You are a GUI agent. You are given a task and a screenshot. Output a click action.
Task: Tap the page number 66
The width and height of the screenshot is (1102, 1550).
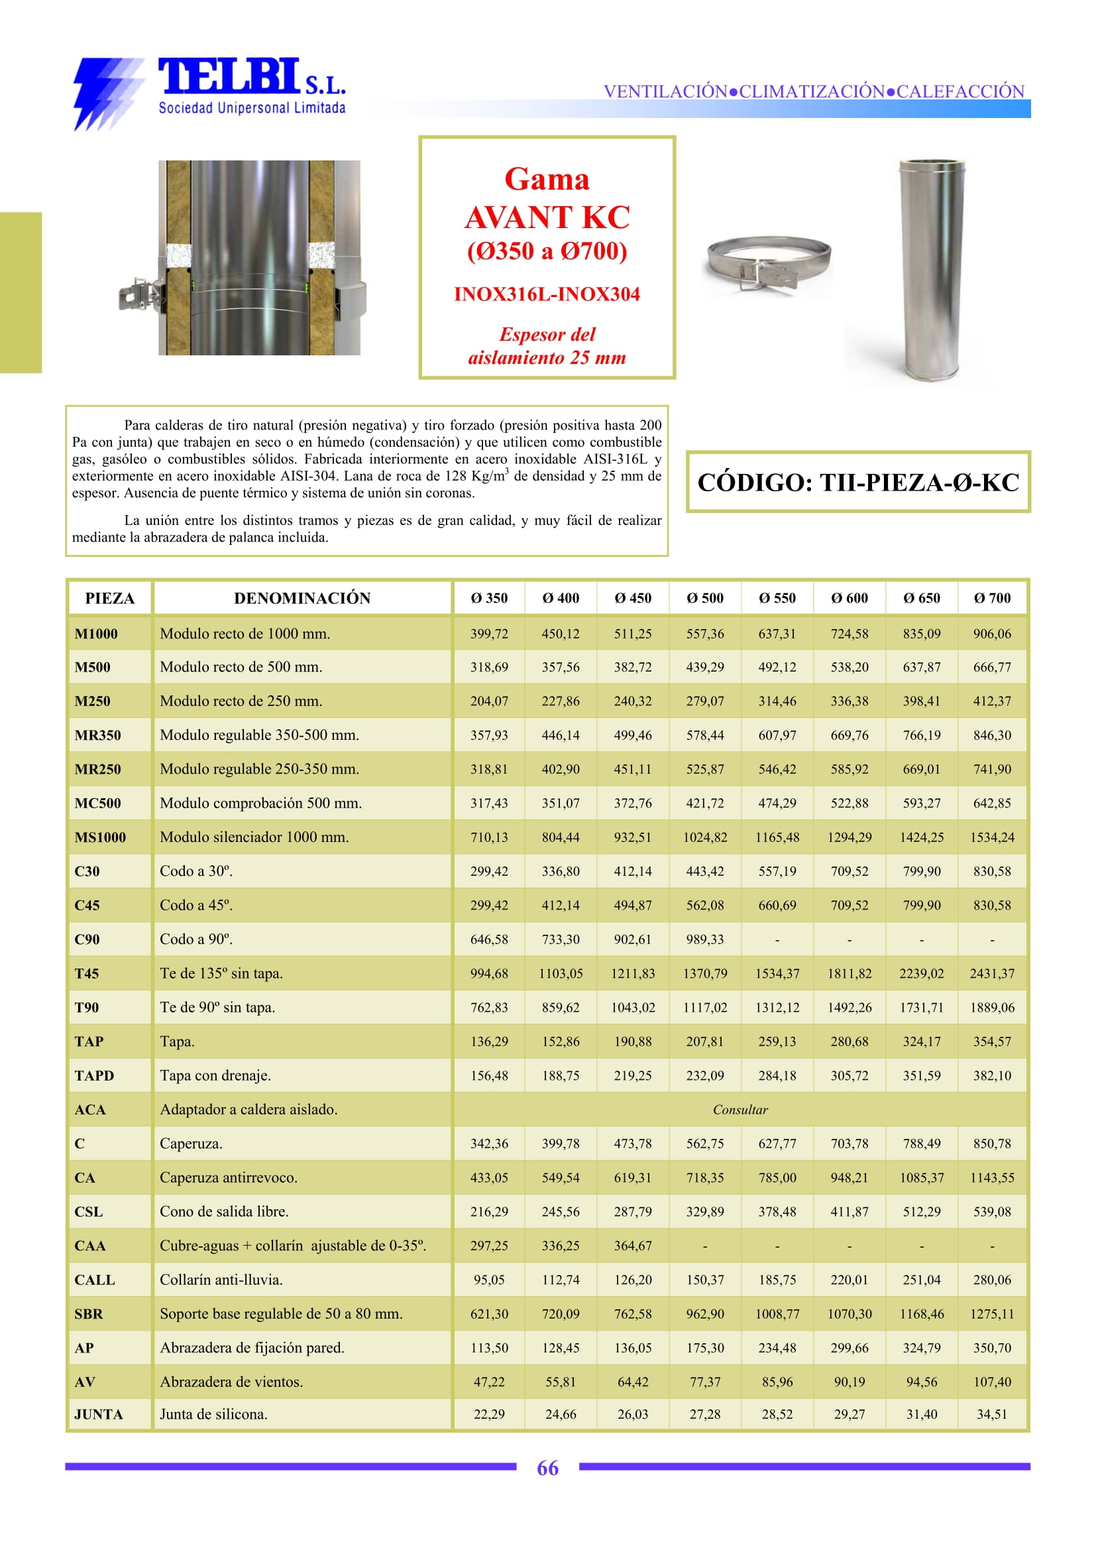547,1468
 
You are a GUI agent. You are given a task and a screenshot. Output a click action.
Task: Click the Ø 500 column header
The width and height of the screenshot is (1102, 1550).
704,598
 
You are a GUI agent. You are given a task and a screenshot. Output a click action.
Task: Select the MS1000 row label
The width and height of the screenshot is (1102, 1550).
100,837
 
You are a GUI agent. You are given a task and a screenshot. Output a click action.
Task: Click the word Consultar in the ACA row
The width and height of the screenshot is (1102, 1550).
740,1109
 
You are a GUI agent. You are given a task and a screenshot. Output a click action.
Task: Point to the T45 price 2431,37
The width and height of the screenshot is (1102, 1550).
991,974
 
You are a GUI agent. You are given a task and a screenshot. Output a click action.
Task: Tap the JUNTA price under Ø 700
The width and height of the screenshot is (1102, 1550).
991,1414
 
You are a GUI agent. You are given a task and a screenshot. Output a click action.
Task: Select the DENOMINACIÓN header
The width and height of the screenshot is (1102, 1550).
302,598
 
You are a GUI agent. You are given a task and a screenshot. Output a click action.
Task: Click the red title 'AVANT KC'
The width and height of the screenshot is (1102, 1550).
547,217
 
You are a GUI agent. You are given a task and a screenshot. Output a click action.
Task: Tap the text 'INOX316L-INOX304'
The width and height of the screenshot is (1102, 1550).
547,294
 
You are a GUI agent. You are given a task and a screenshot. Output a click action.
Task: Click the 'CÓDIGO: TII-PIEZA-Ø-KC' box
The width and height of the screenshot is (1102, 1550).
857,482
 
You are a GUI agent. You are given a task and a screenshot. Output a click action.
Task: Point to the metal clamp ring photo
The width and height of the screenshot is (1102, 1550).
768,265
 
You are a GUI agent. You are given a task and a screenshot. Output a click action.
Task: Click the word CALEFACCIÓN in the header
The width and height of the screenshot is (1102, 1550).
960,91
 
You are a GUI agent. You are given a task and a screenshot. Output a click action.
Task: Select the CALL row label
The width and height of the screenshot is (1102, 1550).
94,1280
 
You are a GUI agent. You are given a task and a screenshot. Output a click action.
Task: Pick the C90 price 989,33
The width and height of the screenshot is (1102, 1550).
704,939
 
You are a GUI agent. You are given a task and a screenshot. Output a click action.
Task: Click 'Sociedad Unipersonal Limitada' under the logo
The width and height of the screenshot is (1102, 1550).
252,108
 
